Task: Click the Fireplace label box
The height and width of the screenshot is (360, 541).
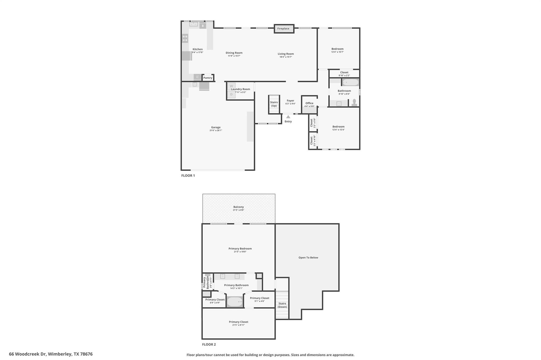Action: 284,29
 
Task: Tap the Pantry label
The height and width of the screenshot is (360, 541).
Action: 208,78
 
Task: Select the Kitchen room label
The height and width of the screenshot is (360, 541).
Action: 197,49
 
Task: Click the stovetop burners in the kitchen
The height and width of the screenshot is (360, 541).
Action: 185,38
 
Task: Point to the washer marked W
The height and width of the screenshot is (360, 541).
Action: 231,86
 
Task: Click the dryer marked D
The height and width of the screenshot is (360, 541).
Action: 231,94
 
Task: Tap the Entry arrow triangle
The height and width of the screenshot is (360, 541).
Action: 288,117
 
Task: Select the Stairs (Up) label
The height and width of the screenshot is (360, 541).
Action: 274,104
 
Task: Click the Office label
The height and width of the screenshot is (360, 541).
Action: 309,103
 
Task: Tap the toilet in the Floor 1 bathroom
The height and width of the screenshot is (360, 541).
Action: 354,102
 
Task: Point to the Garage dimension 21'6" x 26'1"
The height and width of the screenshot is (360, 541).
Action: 216,130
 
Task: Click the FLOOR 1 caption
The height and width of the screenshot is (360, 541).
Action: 188,176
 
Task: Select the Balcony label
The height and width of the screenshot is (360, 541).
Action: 239,207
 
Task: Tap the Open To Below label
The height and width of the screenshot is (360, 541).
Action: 308,258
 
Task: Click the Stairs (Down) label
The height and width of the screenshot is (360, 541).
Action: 282,305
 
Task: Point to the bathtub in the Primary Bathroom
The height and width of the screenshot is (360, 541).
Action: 235,302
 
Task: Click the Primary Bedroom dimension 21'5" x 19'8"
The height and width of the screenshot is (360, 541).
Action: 240,252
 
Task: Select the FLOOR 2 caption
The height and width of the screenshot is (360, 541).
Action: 209,344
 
